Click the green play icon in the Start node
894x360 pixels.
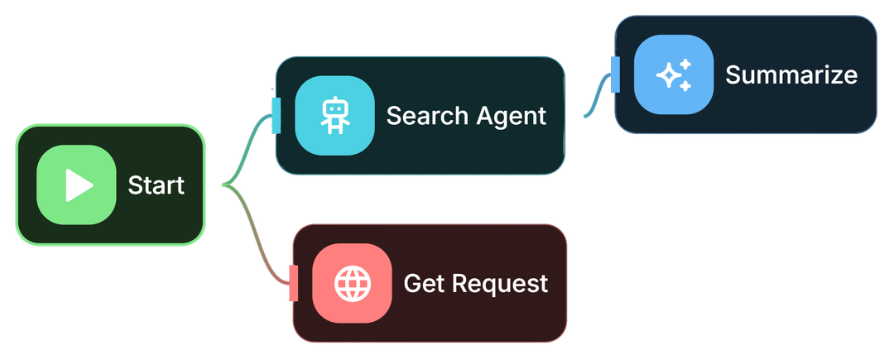(x=76, y=185)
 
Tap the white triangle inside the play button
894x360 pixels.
(x=79, y=185)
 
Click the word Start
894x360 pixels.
(x=156, y=185)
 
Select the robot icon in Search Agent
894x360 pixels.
(x=334, y=116)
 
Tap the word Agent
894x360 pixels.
(x=510, y=117)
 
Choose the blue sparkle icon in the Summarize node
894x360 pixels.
(x=674, y=74)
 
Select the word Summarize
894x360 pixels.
(x=791, y=75)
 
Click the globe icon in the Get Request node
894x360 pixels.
(x=352, y=284)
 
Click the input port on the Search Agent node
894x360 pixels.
(x=276, y=115)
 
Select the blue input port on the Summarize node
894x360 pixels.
(x=615, y=74)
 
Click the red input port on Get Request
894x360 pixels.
(x=293, y=283)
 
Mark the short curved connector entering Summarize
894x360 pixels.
(x=598, y=101)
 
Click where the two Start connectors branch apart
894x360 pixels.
(x=225, y=185)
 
